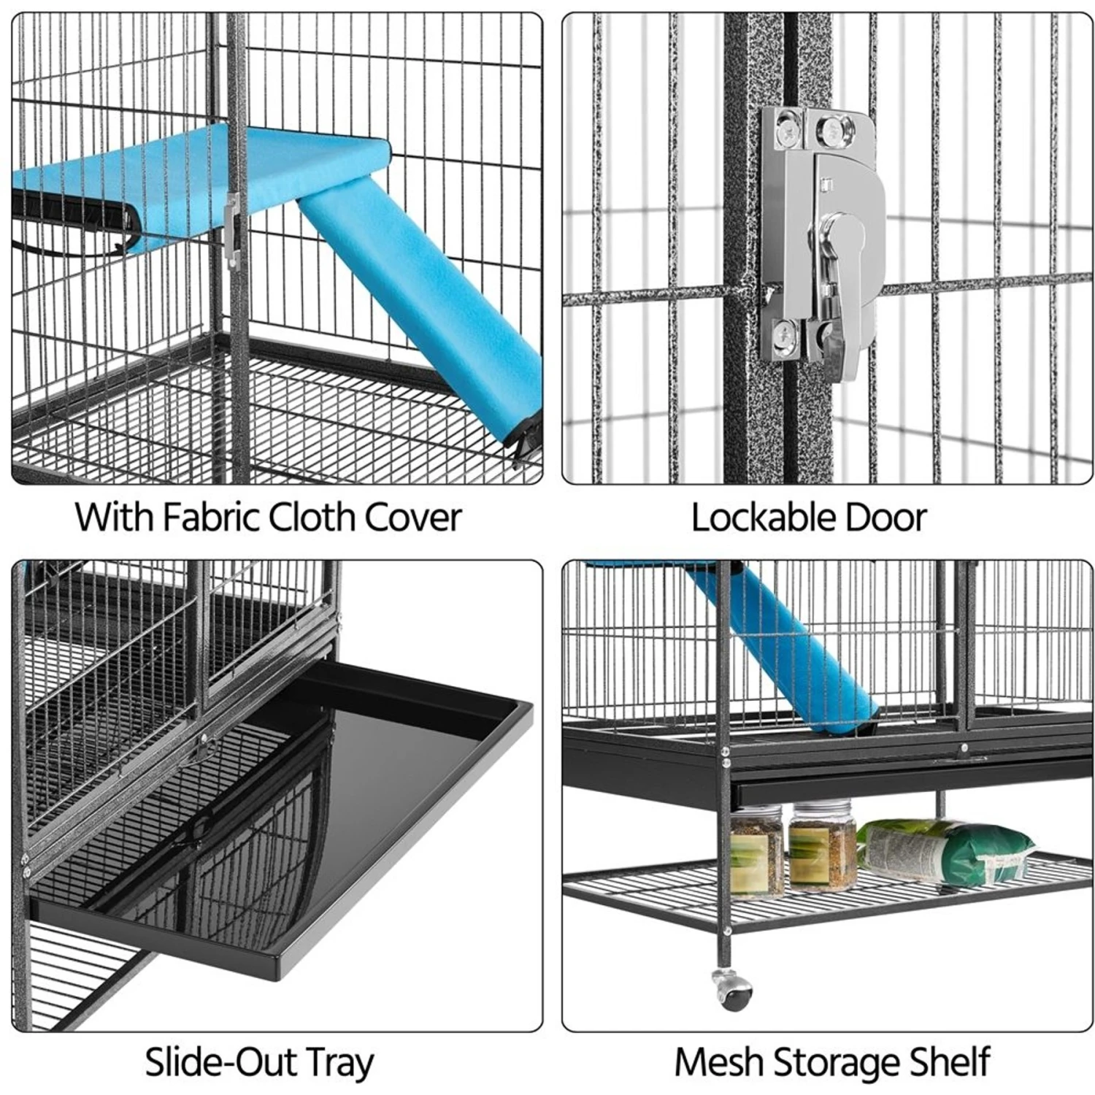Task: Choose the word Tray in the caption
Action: (x=337, y=1064)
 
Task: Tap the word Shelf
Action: (x=950, y=1062)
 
